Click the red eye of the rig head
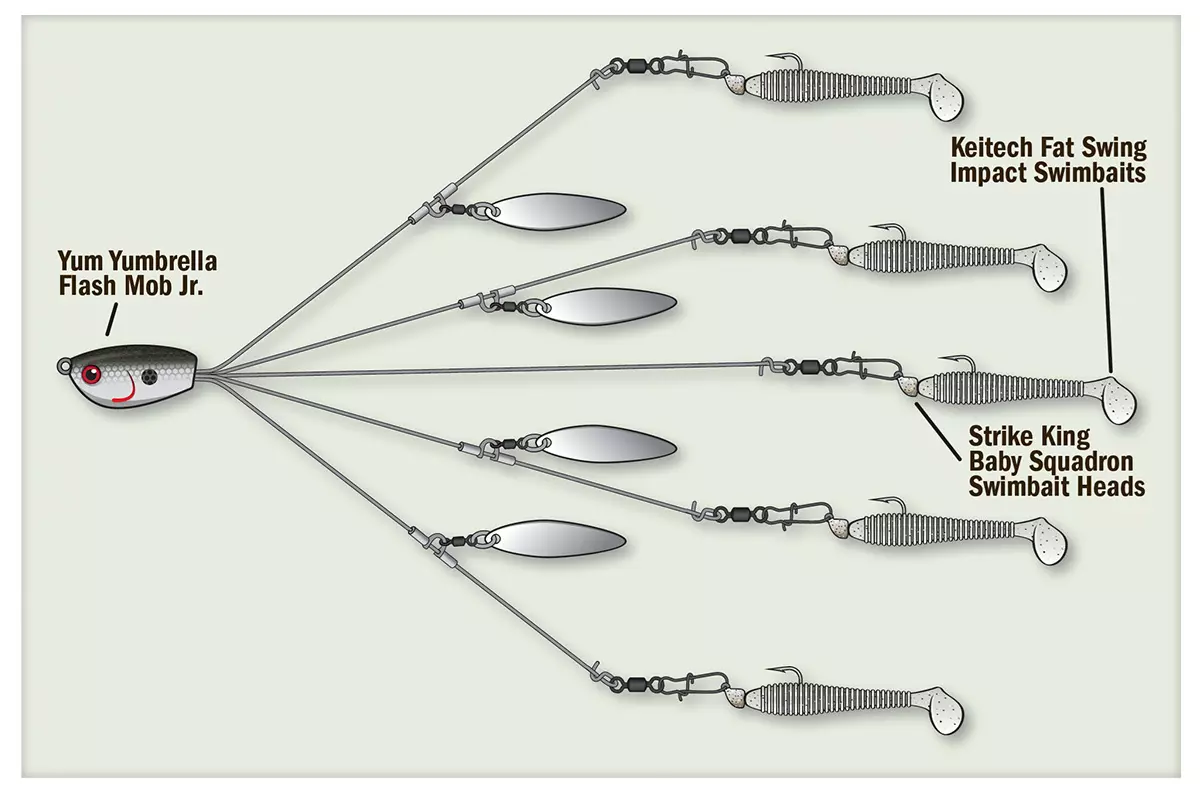tap(92, 375)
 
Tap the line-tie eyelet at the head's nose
tap(63, 366)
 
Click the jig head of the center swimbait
tap(908, 385)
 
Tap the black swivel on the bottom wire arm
tap(634, 681)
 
